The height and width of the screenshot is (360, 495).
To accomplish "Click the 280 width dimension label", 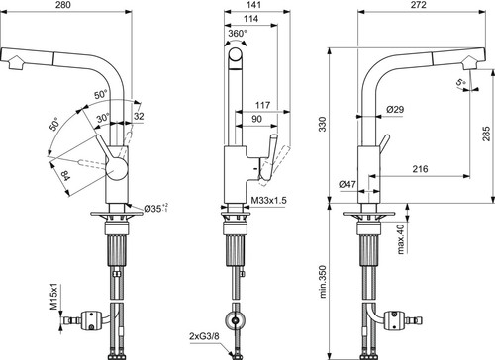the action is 64,5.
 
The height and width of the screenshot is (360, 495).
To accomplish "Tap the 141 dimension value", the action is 253,5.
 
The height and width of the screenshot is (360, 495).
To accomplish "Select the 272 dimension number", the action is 419,5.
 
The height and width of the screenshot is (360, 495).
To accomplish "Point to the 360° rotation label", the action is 238,34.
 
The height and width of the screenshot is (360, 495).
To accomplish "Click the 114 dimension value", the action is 250,19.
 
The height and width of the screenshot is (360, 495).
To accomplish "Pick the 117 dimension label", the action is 263,105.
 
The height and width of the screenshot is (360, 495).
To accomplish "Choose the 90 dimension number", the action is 256,119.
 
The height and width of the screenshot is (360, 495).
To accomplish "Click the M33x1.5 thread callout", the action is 269,200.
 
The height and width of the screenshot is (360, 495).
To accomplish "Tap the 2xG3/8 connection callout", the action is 204,336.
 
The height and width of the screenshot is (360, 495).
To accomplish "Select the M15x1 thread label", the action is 54,296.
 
